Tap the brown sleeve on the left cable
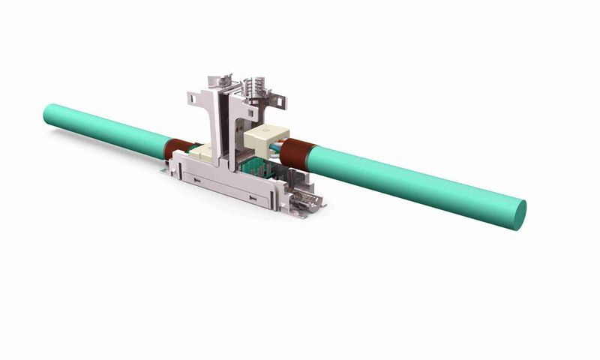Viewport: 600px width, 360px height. pyautogui.click(x=180, y=146)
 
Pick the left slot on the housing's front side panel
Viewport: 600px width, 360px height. pyautogui.click(x=196, y=181)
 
